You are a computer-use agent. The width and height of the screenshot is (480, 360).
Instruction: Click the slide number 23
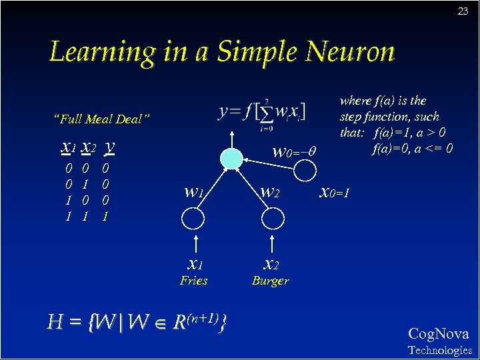coord(463,11)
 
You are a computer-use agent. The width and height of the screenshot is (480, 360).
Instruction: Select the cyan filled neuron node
coord(231,159)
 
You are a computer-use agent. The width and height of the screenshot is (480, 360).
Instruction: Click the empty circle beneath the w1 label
coord(194,218)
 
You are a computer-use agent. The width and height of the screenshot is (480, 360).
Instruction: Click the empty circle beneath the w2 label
coord(270,218)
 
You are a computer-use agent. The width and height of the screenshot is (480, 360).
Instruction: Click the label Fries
coord(193,281)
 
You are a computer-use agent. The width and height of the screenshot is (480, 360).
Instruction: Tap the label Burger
coord(270,281)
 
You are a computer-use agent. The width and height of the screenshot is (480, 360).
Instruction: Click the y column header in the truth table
coord(110,145)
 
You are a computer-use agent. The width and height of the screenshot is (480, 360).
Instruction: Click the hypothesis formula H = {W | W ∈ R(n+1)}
coord(137,323)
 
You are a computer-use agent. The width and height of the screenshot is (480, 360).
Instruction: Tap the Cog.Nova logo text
coord(438,334)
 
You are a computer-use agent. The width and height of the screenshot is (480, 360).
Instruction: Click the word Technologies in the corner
coord(439,350)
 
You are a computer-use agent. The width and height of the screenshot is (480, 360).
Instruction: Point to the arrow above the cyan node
coord(231,137)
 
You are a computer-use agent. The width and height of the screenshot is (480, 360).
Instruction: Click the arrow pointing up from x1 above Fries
coord(195,241)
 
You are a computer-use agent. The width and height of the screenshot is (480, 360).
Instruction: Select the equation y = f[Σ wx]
coord(262,111)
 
